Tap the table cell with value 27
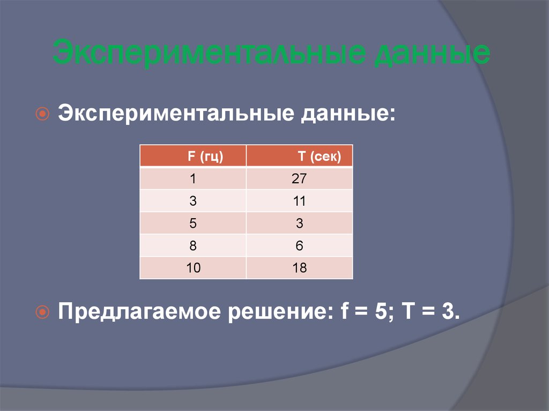pyautogui.click(x=299, y=178)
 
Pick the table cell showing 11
pyautogui.click(x=299, y=201)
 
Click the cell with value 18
pyautogui.click(x=300, y=268)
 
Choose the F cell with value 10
pyautogui.click(x=194, y=268)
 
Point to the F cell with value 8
pyautogui.click(x=193, y=246)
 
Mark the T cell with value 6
pyautogui.click(x=299, y=246)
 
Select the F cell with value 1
pyautogui.click(x=193, y=178)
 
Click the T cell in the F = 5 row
pyautogui.click(x=299, y=223)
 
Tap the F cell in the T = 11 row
pyautogui.click(x=193, y=201)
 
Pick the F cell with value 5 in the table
pyautogui.click(x=193, y=223)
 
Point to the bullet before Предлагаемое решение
pyautogui.click(x=43, y=311)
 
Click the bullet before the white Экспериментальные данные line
pyautogui.click(x=43, y=114)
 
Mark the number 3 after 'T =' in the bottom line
pyautogui.click(x=448, y=311)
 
